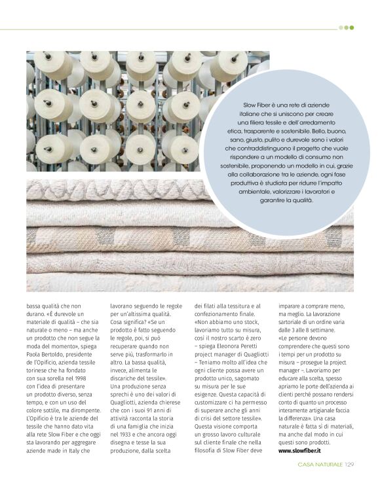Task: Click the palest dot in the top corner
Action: pos(341,27)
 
